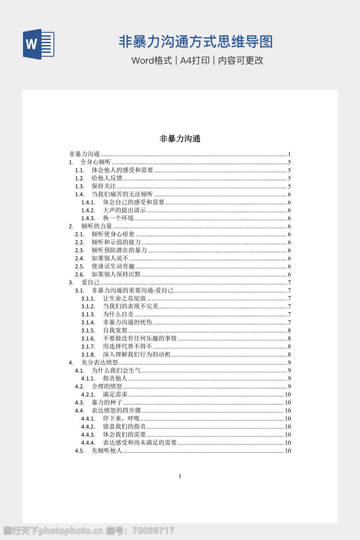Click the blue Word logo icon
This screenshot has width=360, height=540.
point(38,44)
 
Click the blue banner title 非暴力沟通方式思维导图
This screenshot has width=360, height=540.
point(195,42)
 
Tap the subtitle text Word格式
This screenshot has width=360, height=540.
point(152,60)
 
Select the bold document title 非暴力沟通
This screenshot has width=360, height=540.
point(180,139)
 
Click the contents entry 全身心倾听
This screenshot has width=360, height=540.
point(96,162)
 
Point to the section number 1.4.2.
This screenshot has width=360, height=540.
point(88,211)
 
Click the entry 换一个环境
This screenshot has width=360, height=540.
point(118,218)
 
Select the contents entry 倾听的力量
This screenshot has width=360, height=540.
point(97,226)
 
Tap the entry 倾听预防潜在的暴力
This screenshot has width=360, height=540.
point(119,250)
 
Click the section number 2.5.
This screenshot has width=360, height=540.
point(80,266)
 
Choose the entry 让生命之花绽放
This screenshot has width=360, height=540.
point(124,298)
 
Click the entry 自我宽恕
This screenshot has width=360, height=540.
point(115,330)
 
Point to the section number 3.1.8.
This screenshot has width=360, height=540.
point(88,355)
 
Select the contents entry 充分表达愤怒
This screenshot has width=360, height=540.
point(100,362)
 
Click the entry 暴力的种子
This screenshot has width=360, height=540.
point(107,403)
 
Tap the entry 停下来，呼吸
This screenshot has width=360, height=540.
point(121,419)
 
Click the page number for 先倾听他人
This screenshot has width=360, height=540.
point(288,451)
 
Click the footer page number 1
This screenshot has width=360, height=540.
point(180,476)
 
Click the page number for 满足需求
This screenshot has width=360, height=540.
point(288,394)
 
